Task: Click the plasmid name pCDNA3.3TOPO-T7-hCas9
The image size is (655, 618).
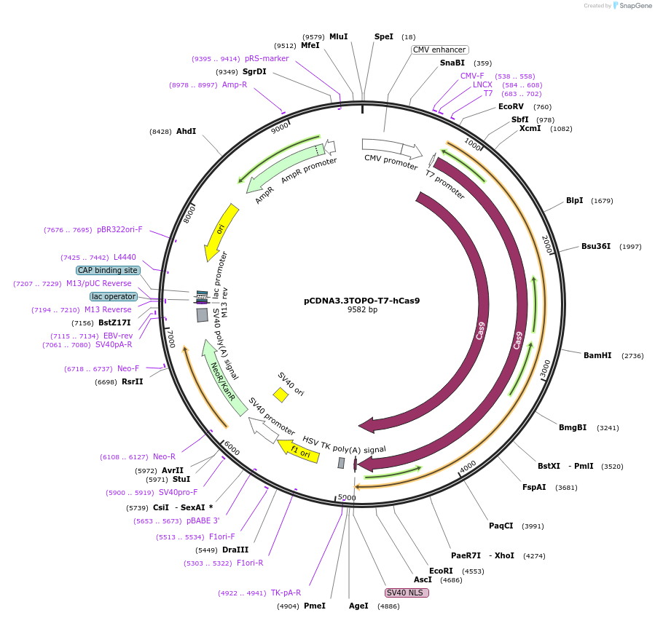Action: [361, 301]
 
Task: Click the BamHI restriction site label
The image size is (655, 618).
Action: [597, 355]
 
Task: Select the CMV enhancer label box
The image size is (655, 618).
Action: [439, 49]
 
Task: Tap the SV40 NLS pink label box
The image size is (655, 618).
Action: [407, 593]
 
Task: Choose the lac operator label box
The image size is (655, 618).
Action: [114, 296]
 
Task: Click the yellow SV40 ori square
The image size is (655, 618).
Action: [281, 395]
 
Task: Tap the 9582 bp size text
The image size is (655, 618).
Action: [362, 310]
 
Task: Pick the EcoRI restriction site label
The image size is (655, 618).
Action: [441, 571]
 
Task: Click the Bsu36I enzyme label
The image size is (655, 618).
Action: [596, 246]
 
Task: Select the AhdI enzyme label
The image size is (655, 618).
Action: [186, 131]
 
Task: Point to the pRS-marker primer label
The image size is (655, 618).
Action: [267, 58]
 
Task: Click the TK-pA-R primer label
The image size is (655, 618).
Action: [286, 593]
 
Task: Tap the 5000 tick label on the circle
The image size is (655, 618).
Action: [347, 498]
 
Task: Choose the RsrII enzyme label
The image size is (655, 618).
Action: [132, 381]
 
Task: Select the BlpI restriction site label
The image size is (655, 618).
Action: [574, 200]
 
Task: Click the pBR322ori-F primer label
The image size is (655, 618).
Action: [119, 229]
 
